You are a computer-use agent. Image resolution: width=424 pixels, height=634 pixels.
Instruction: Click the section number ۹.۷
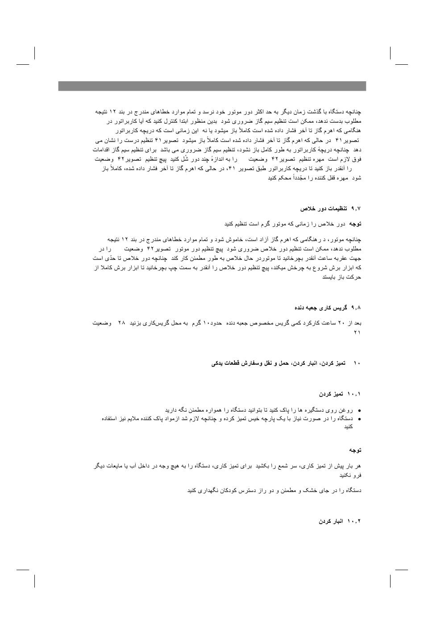(356, 209)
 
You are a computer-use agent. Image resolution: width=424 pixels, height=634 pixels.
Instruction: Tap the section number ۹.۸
(356, 308)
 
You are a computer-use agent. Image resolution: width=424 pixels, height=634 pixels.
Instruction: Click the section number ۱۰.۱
(354, 394)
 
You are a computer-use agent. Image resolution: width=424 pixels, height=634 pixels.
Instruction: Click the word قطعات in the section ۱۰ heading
(236, 363)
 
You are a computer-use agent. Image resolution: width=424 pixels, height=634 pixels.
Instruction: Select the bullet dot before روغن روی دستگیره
(359, 410)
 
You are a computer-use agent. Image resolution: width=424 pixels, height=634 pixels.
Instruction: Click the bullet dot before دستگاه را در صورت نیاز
(359, 419)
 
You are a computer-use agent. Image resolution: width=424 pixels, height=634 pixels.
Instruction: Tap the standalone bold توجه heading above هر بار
(355, 450)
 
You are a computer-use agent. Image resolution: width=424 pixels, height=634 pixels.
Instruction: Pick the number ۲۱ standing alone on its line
(357, 332)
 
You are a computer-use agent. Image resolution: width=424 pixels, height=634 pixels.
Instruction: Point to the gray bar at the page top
(212, 86)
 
